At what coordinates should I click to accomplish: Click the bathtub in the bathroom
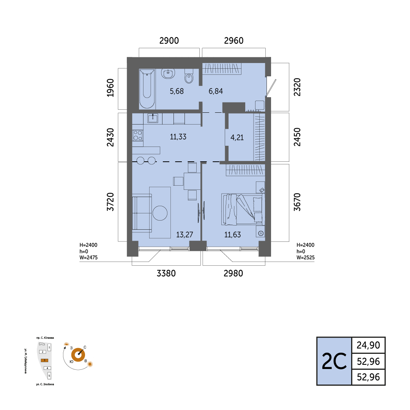click(147, 88)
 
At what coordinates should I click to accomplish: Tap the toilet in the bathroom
click(189, 76)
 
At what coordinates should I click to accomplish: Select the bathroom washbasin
click(168, 74)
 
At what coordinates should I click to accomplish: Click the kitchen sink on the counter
click(153, 118)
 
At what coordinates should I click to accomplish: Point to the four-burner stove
click(137, 136)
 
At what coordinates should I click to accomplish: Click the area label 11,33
click(178, 137)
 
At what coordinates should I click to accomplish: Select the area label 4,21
click(237, 137)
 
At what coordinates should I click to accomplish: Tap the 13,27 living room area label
click(184, 235)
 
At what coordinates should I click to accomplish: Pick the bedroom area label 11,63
click(232, 235)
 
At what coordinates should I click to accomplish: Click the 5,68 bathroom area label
click(177, 91)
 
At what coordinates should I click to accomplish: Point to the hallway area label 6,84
click(216, 91)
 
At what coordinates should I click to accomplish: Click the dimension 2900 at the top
click(169, 41)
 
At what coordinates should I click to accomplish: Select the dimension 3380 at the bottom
click(166, 273)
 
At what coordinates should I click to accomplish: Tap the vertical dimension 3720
click(110, 202)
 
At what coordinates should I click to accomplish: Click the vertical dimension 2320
click(297, 87)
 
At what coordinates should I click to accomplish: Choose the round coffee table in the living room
click(160, 213)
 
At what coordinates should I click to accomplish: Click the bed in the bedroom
click(243, 209)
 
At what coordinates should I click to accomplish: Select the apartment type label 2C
click(334, 361)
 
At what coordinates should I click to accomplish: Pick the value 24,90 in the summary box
click(368, 345)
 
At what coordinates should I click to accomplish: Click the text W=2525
click(305, 257)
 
